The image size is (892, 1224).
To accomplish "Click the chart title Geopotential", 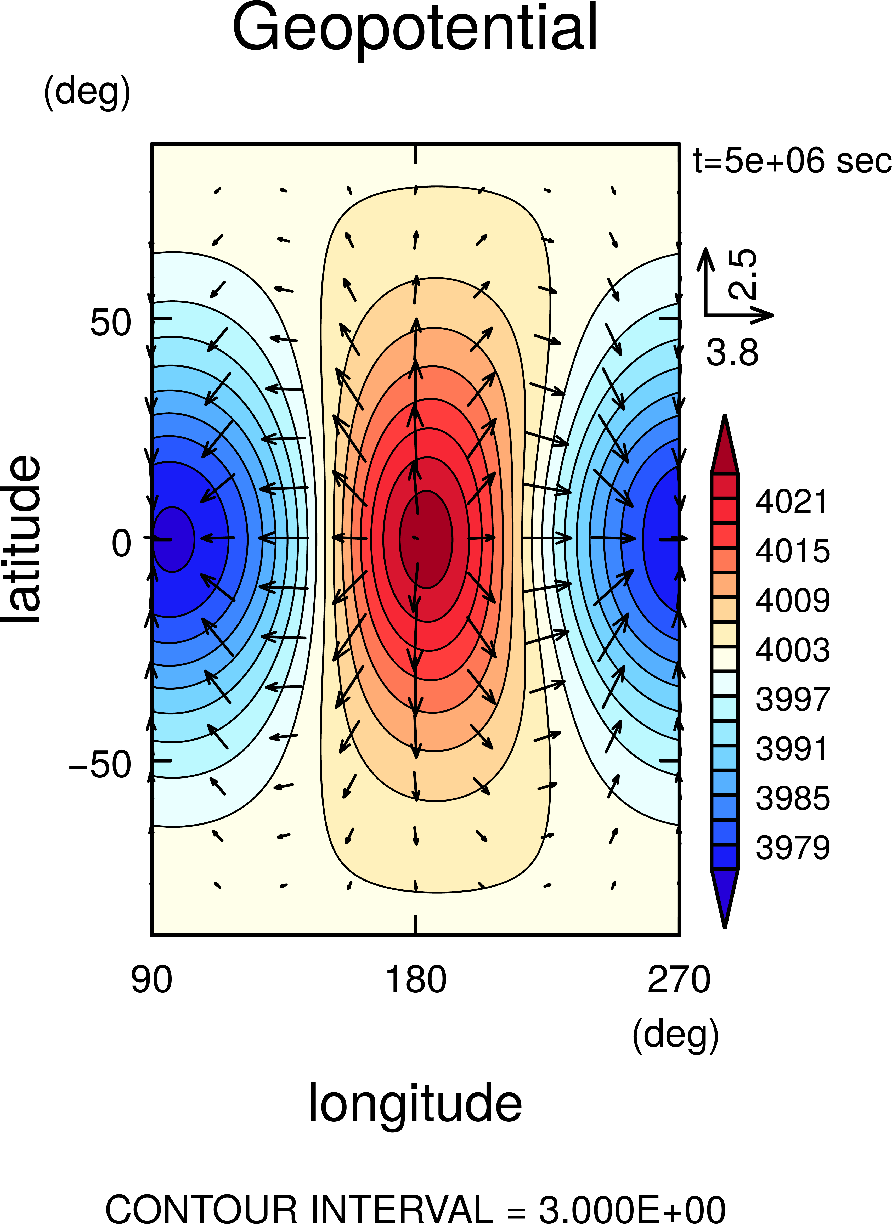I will coord(415,28).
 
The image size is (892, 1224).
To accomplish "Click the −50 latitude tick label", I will coord(100,765).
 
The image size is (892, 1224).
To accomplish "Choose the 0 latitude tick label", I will coord(121,544).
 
